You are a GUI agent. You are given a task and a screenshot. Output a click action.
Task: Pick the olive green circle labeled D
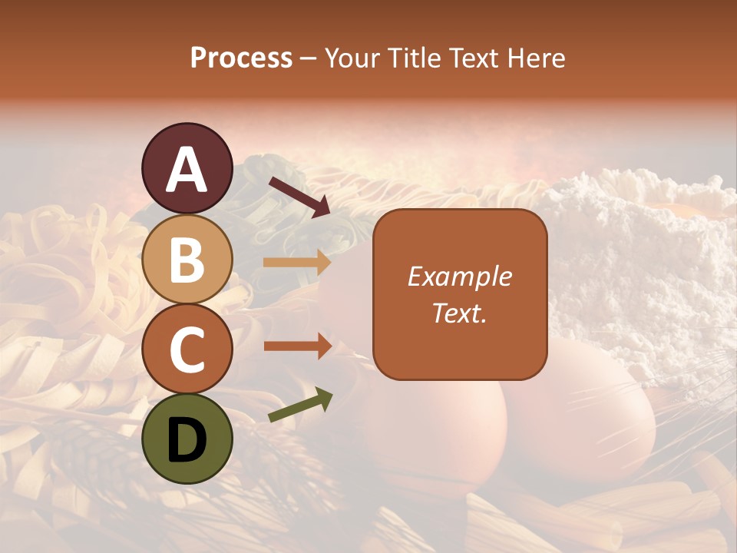(187, 439)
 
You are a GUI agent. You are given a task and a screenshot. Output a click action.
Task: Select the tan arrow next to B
(297, 263)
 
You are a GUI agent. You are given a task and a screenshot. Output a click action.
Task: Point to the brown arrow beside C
(297, 346)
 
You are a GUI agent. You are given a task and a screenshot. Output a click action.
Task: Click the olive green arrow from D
(300, 406)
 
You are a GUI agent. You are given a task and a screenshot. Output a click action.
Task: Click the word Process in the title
(241, 58)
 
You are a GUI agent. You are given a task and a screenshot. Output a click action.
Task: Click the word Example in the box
(459, 276)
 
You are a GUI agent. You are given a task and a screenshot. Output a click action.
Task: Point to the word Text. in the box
(459, 313)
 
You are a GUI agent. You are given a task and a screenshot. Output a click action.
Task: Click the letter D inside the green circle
(187, 440)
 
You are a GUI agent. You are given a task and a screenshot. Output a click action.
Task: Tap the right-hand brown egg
(583, 415)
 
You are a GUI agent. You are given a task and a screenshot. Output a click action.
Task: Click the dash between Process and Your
(308, 59)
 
